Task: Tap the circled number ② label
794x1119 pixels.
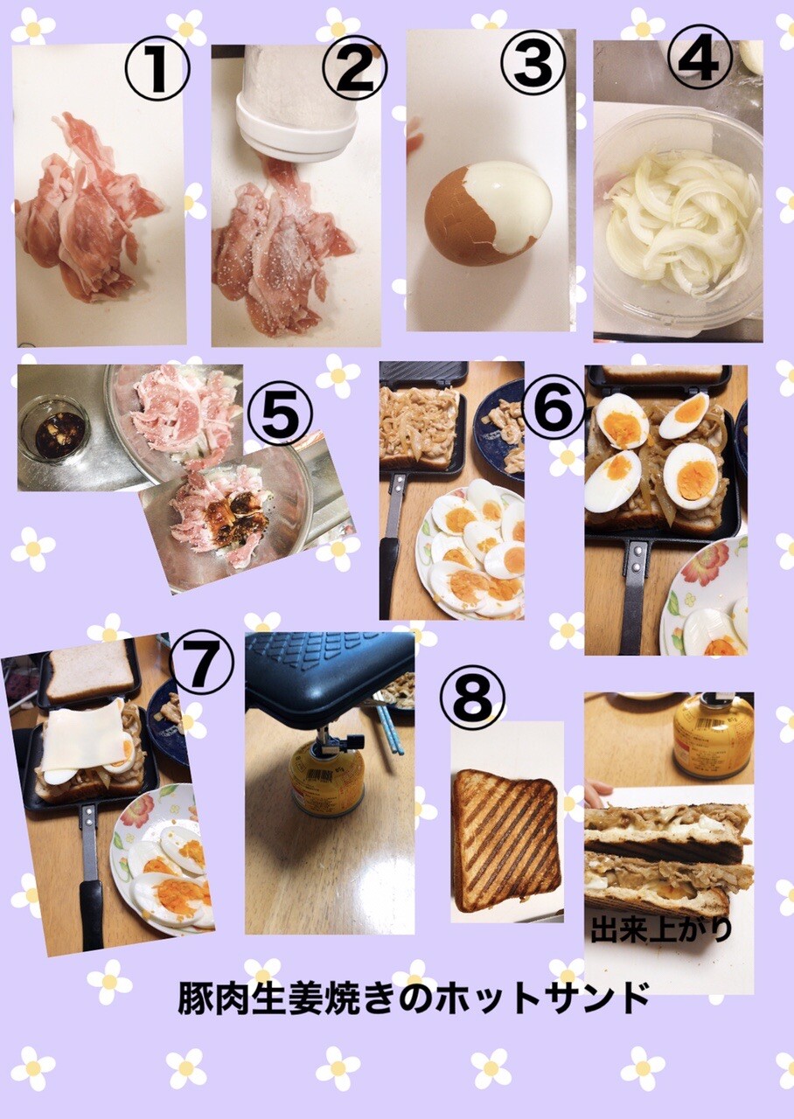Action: [x=355, y=69]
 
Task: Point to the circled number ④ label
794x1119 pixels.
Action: [x=700, y=58]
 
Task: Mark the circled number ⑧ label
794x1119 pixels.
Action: [x=473, y=697]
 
